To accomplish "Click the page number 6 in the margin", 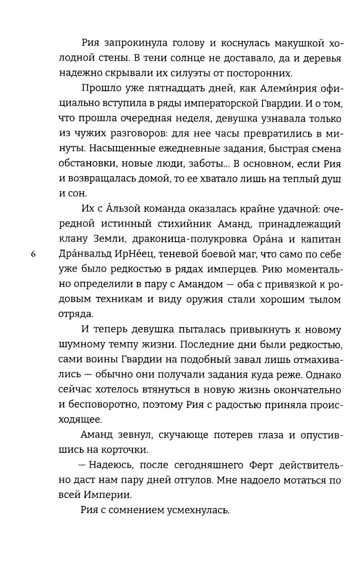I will click(x=33, y=254).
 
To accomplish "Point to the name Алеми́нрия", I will click(x=270, y=88).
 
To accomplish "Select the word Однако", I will click(x=323, y=374).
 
